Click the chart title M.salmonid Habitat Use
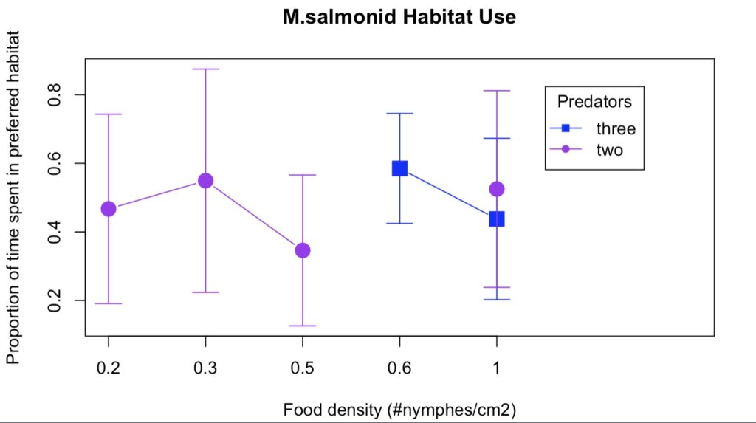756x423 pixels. tap(399, 18)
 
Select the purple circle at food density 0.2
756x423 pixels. tap(109, 209)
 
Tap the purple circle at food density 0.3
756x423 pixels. tap(205, 181)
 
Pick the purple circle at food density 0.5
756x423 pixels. tap(303, 250)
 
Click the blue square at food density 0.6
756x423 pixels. tap(399, 168)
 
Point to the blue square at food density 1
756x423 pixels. tap(496, 219)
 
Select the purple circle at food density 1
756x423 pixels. tap(496, 189)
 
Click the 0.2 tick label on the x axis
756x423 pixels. tap(109, 368)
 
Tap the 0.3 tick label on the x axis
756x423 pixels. tap(205, 368)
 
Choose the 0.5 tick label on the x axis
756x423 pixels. tap(303, 368)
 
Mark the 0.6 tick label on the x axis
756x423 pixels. tap(399, 368)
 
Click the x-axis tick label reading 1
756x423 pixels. tap(496, 368)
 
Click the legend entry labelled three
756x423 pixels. tap(616, 128)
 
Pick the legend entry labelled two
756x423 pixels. tap(610, 150)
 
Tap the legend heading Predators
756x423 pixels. tap(594, 100)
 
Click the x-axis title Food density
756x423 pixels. tap(399, 410)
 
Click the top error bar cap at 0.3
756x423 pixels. tap(205, 69)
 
